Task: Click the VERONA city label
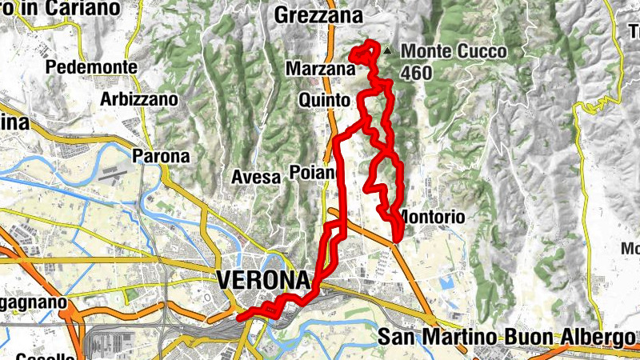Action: point(262,281)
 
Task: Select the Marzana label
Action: point(319,70)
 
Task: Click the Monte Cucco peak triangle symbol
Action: point(388,50)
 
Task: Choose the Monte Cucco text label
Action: point(453,51)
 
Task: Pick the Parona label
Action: point(162,156)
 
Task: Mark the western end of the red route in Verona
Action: point(238,318)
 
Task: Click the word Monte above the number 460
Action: point(426,51)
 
